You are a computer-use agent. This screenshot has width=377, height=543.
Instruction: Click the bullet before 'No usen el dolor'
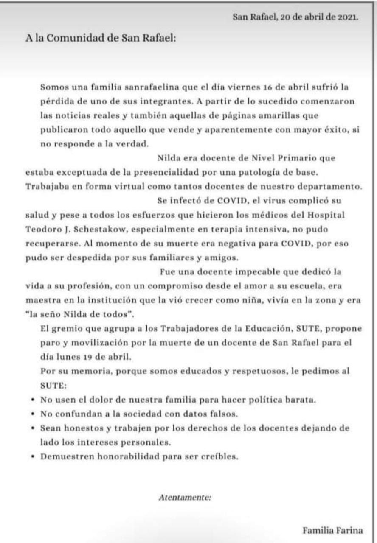[x=34, y=400]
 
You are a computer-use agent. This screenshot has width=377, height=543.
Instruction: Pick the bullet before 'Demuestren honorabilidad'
[x=34, y=457]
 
